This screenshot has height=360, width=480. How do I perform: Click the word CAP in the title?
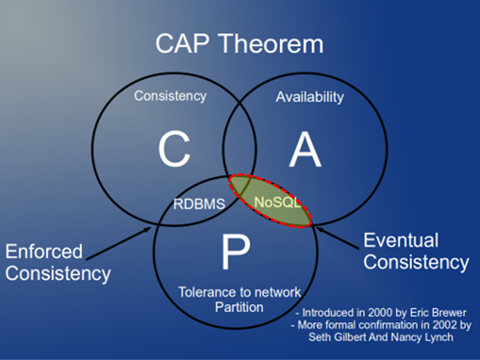[182, 44]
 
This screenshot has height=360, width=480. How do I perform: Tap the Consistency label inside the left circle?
[170, 96]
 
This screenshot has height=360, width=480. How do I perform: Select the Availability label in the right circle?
[310, 97]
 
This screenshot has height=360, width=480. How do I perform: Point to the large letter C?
[174, 149]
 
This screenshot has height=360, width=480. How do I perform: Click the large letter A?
[305, 149]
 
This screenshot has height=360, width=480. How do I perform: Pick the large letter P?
[236, 252]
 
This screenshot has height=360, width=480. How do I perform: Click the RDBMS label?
[199, 204]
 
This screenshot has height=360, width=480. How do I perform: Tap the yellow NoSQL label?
[278, 202]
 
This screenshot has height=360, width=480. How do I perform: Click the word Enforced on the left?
[44, 251]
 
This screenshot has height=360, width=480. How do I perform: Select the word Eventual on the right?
[401, 240]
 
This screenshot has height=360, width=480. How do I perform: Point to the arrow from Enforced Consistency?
[119, 243]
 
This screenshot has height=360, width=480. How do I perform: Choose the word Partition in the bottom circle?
[239, 307]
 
